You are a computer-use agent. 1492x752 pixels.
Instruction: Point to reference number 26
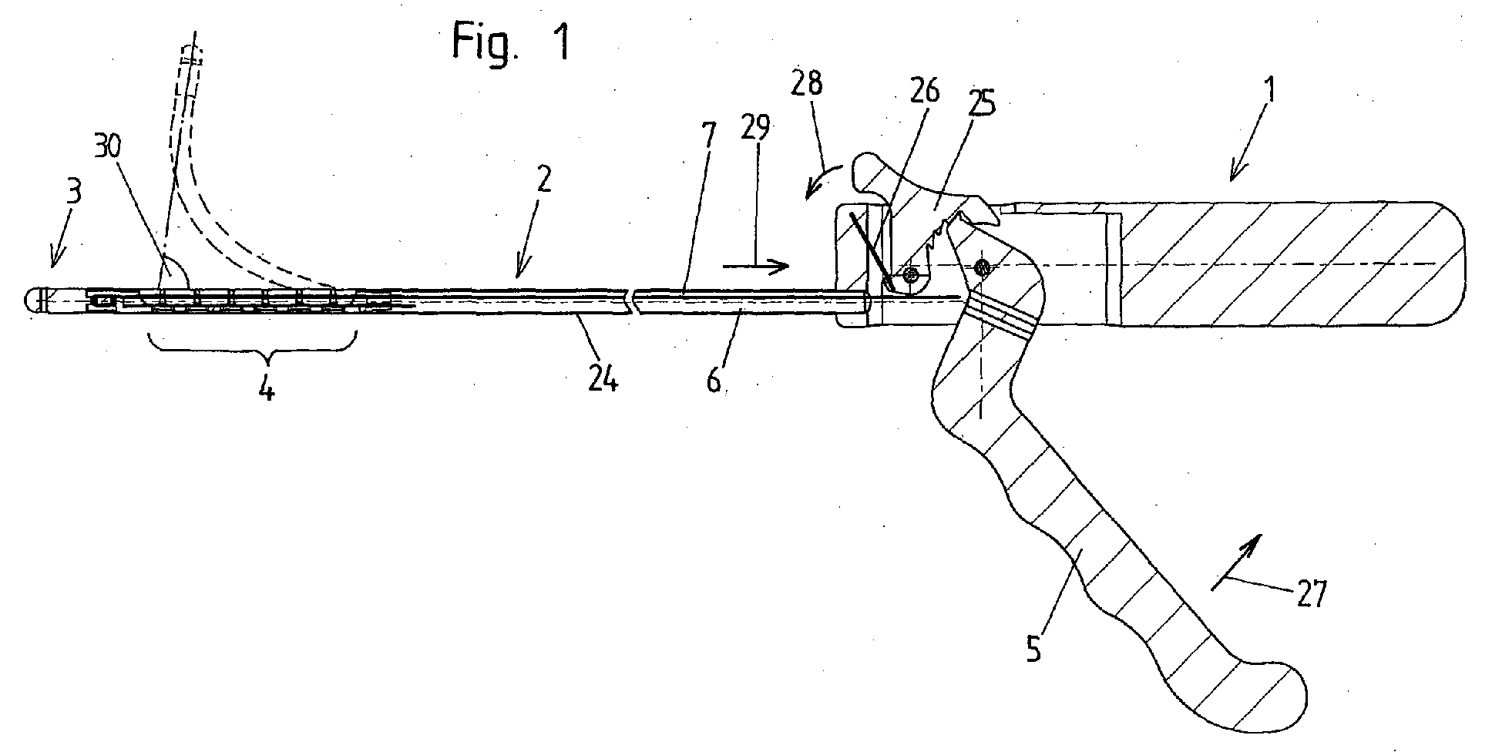click(925, 92)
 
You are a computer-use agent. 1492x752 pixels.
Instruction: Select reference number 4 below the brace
click(266, 388)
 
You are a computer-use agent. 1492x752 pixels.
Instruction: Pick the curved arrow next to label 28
click(825, 173)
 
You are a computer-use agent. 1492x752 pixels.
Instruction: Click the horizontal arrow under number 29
click(756, 266)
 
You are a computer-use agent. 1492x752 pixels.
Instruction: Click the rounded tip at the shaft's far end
click(32, 300)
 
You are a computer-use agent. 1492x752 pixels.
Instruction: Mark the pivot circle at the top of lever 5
click(982, 268)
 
